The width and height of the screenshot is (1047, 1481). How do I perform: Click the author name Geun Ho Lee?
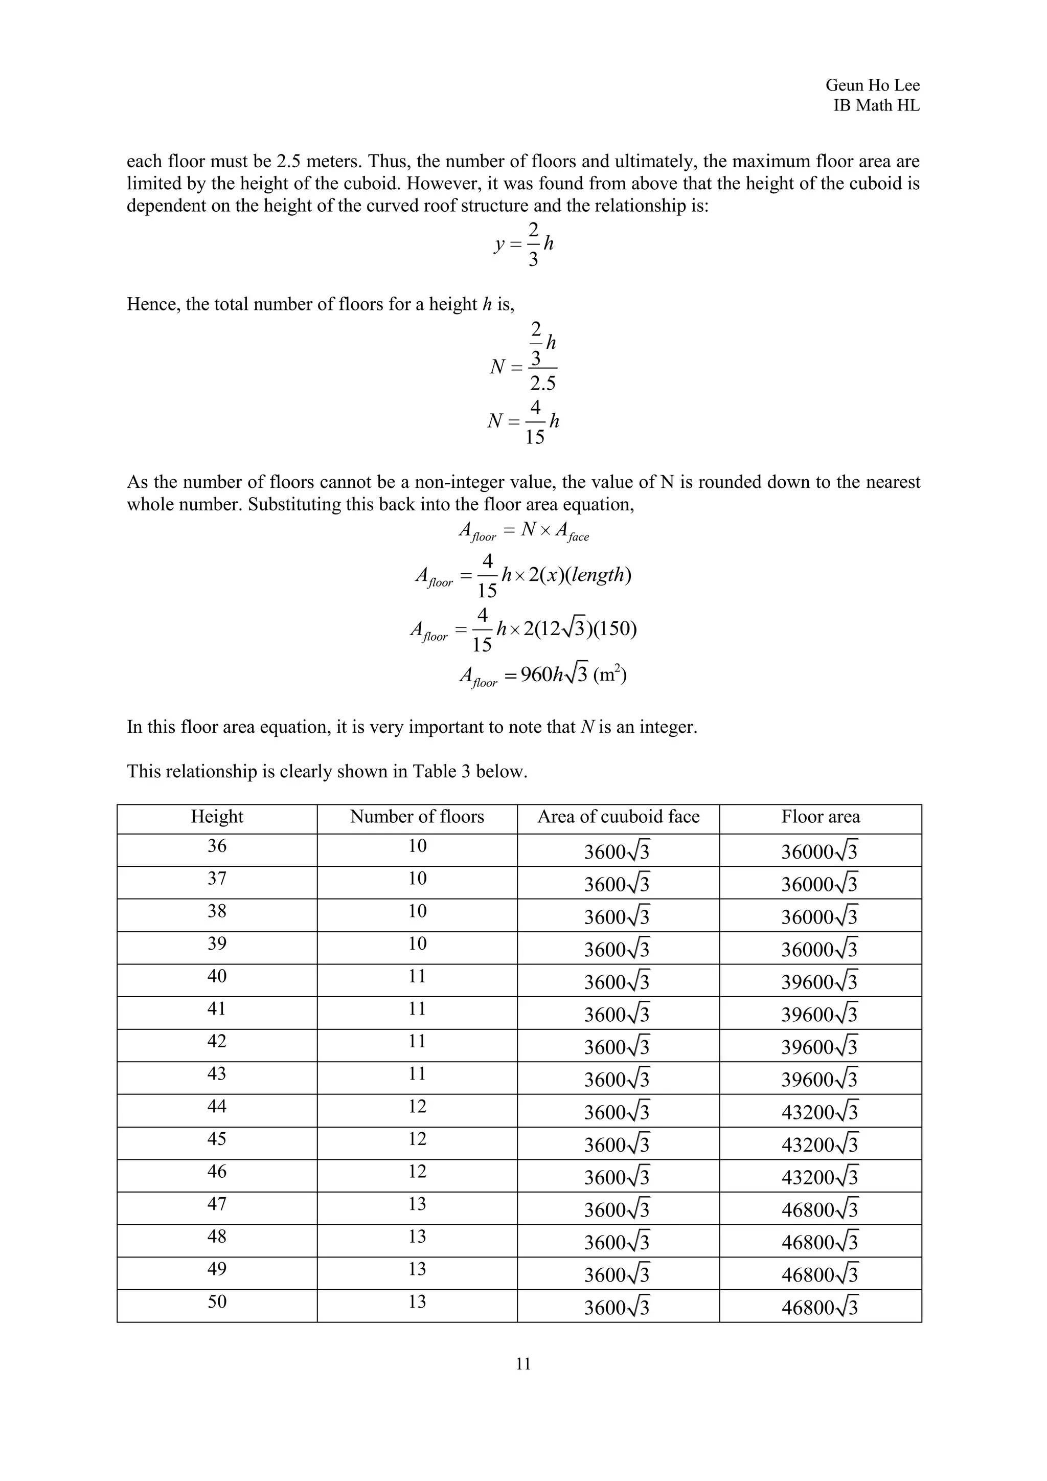point(872,85)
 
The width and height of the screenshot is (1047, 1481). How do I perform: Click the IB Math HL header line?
point(876,106)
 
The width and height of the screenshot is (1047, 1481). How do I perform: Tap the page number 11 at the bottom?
point(523,1363)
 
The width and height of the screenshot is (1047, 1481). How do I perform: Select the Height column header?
point(217,817)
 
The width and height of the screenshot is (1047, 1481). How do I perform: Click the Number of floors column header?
point(417,817)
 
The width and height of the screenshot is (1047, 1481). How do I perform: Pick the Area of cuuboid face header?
point(618,817)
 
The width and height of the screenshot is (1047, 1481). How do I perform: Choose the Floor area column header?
point(820,817)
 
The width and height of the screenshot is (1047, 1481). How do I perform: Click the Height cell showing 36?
point(217,846)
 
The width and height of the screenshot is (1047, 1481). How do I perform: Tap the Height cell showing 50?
point(217,1301)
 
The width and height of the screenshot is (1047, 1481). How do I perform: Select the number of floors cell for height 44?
point(417,1106)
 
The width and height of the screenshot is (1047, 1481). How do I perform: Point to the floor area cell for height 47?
point(820,1209)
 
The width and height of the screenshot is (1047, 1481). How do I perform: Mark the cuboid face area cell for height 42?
point(617,1047)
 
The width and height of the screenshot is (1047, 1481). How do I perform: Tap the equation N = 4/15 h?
point(523,422)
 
